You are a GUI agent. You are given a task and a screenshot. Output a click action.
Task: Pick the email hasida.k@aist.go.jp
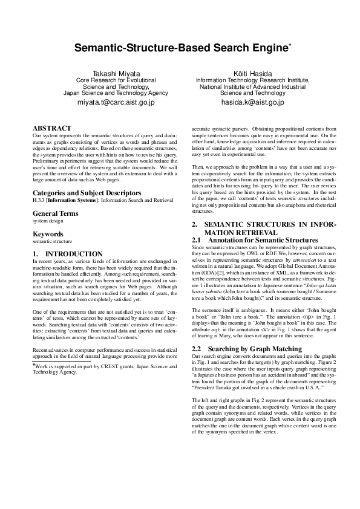coord(253,103)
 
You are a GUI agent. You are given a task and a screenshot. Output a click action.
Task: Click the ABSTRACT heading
coord(51,128)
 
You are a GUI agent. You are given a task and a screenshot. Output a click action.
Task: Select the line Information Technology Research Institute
coord(253,80)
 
